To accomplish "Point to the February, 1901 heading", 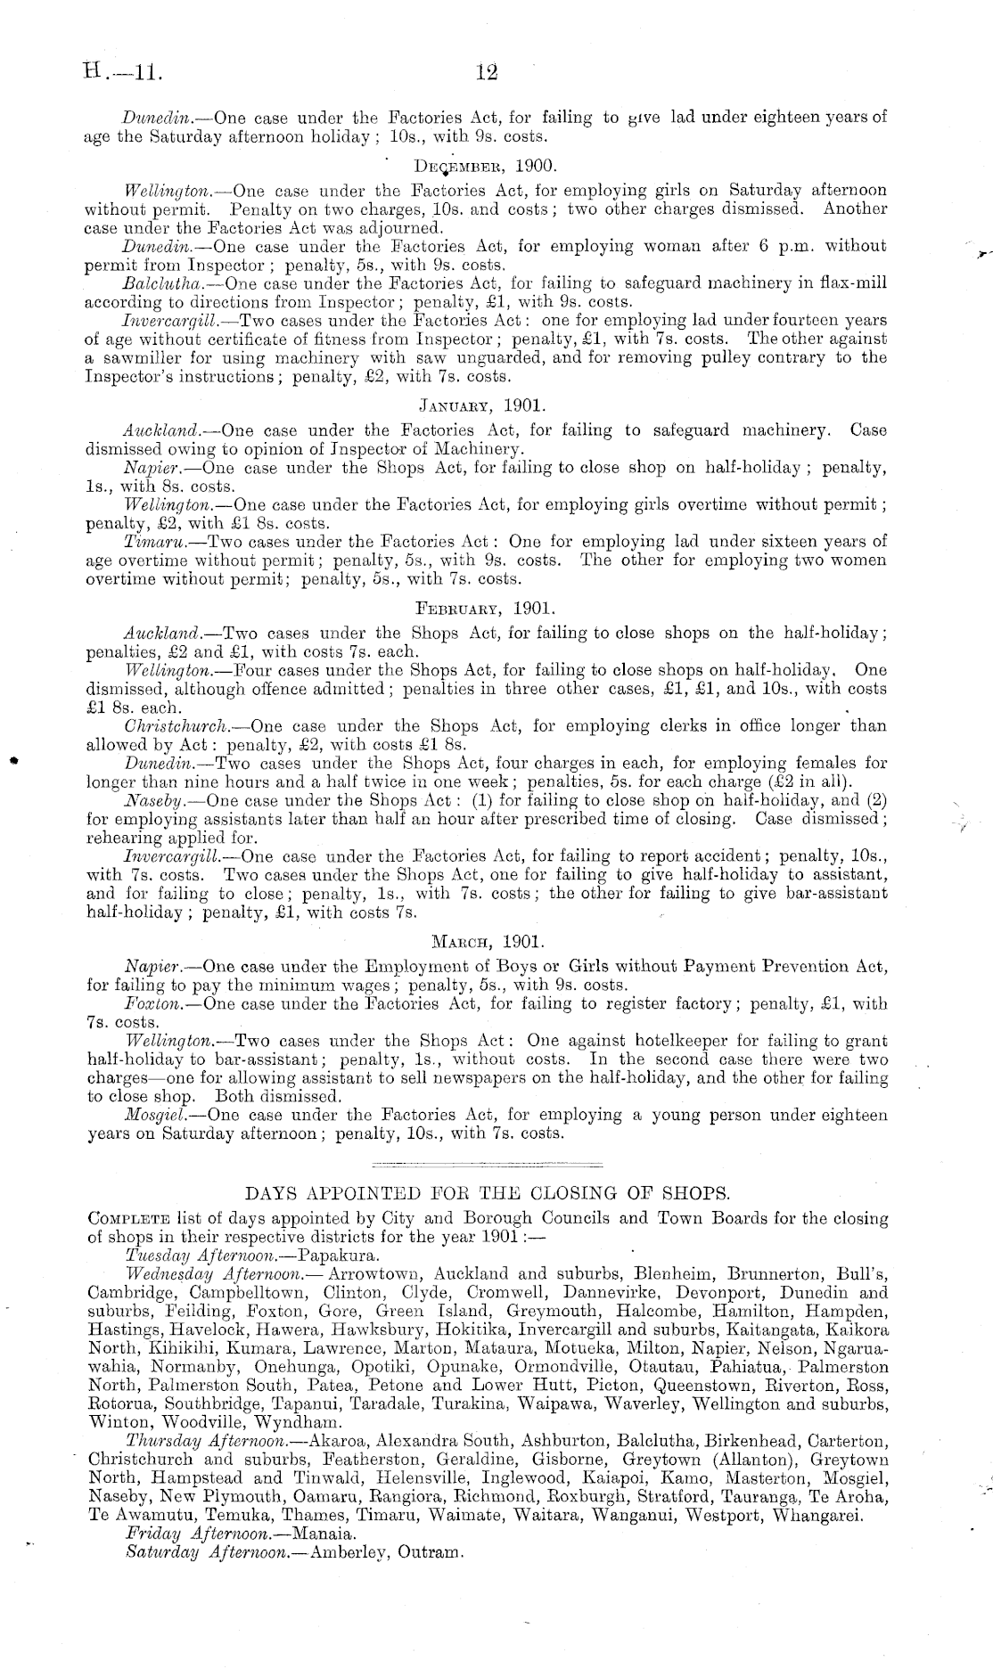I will (485, 610).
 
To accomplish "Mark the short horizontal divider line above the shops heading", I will (486, 1165).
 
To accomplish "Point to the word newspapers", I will (527, 1078).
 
